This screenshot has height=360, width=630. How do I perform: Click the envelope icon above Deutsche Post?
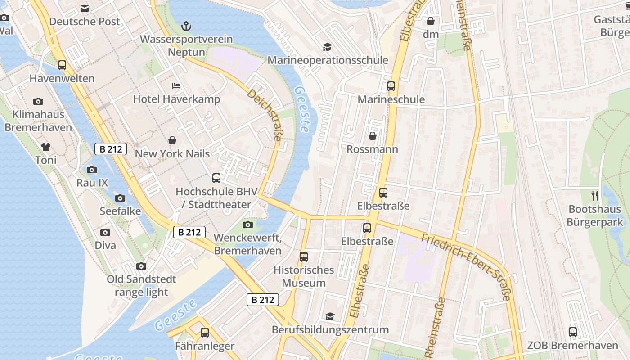[x=85, y=8]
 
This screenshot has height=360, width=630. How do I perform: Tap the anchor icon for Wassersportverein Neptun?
[x=186, y=26]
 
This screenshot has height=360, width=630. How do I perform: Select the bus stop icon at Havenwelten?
[x=62, y=65]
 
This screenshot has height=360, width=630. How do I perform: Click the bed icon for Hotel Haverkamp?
[x=176, y=85]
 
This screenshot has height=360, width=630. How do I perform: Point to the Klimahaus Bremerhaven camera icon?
[x=38, y=101]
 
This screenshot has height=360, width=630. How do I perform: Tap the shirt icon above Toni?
[x=46, y=147]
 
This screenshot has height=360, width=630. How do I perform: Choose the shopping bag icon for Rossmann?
[x=373, y=135]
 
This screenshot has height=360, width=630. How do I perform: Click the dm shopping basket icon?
[x=431, y=21]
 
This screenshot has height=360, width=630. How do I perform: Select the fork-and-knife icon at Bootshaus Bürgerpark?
[x=595, y=196]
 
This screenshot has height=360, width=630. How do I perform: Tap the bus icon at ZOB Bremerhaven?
[x=572, y=332]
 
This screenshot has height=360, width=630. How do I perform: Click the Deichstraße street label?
[x=264, y=115]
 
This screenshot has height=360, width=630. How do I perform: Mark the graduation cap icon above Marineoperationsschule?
[x=327, y=47]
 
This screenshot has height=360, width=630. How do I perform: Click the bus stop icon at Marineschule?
[x=391, y=86]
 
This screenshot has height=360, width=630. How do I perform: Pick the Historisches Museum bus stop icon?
[x=304, y=257]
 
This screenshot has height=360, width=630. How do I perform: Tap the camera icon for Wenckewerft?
[x=247, y=225]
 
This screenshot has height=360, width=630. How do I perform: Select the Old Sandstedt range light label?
[x=141, y=286]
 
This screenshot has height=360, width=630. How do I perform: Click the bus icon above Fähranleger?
[x=205, y=333]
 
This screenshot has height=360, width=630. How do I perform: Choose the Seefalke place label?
[x=120, y=211]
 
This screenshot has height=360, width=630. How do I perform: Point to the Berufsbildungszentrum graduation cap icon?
[x=330, y=316]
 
